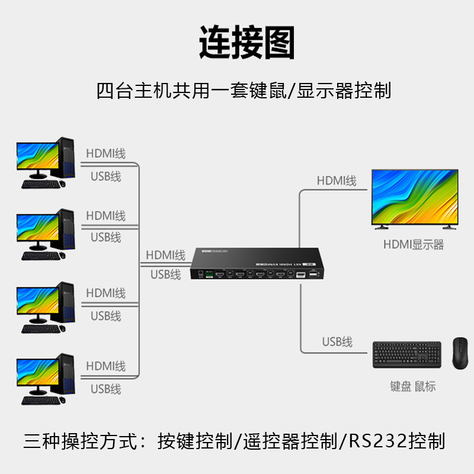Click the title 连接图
246,43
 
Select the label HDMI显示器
413,245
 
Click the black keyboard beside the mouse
407,354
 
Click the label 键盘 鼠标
413,386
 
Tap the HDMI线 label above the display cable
337,181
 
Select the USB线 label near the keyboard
337,342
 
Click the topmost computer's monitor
37,158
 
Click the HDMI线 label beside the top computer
106,154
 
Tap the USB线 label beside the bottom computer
106,389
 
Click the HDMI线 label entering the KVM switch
166,255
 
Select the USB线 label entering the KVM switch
166,274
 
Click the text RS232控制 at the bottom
396,441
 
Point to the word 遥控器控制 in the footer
286,441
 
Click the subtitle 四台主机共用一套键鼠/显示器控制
244,91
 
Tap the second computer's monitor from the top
37,229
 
